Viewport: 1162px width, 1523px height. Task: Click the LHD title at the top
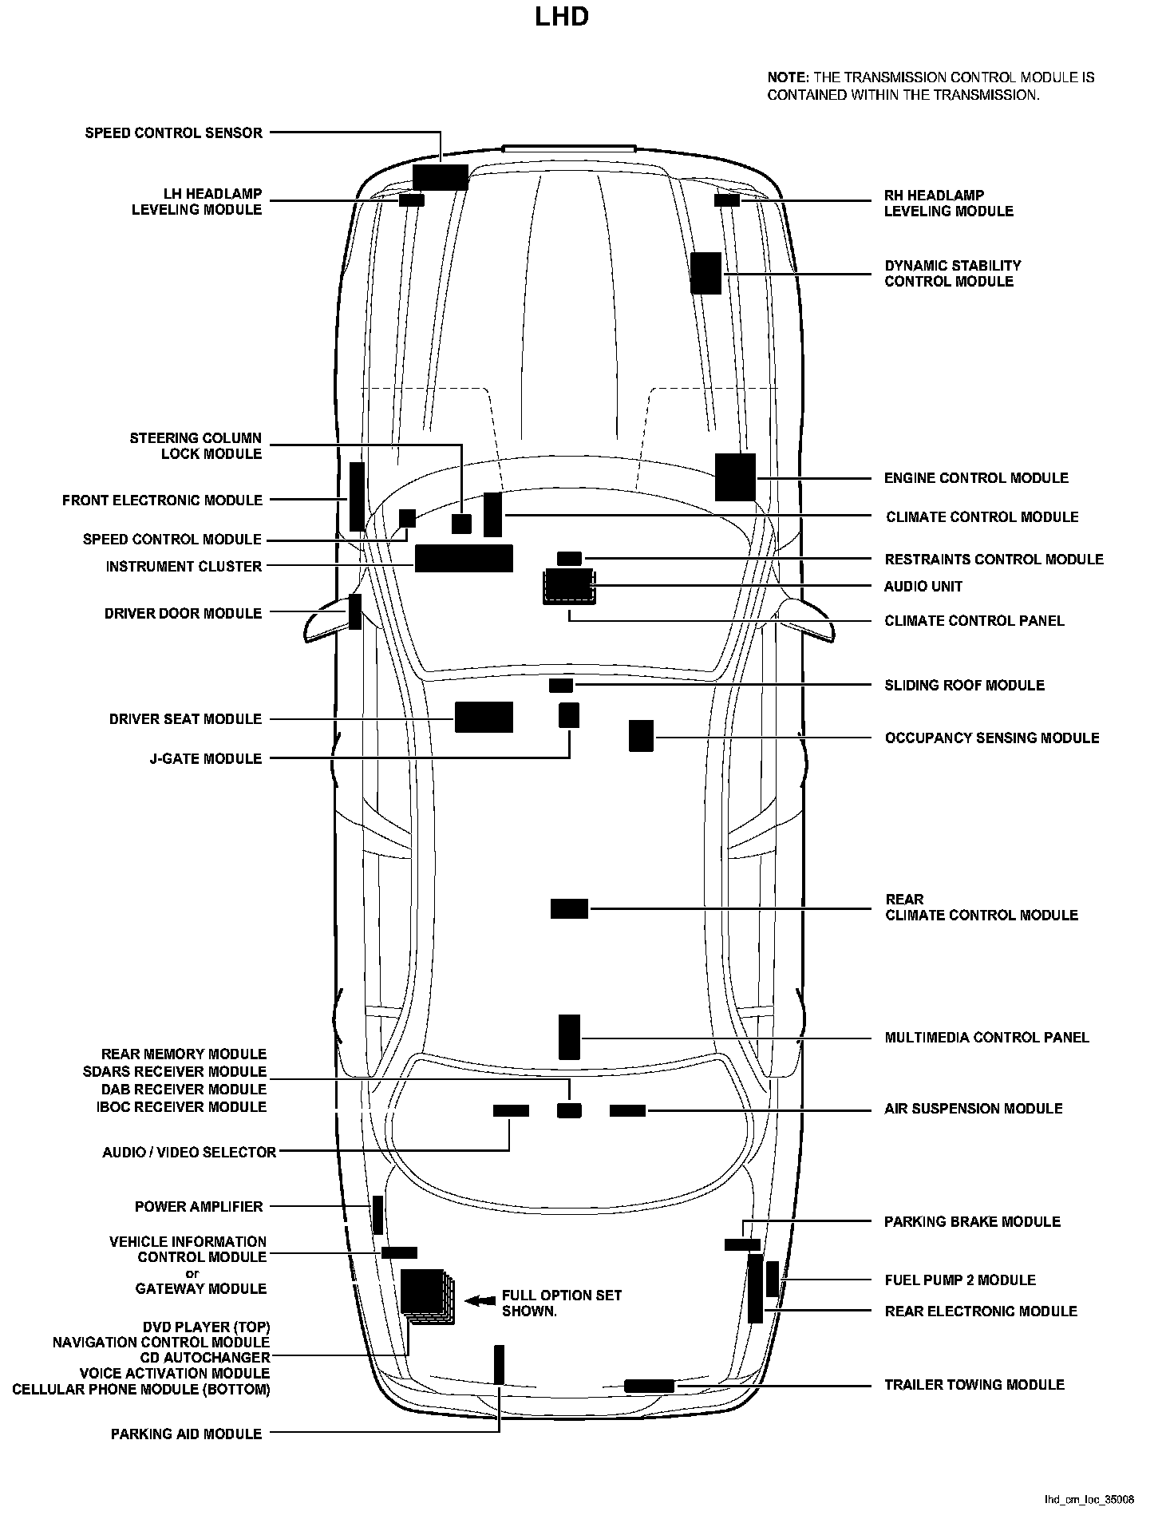point(562,17)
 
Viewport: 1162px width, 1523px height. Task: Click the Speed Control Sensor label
point(173,133)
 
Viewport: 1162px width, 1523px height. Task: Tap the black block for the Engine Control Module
point(735,477)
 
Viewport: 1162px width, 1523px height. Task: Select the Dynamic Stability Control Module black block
point(705,273)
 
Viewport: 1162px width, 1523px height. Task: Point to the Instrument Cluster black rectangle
point(464,559)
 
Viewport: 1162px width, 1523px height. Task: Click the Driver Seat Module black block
point(484,717)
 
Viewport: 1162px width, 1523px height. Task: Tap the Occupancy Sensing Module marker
point(641,735)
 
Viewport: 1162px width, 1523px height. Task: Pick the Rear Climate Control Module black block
point(569,908)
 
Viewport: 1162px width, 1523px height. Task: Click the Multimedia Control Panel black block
point(569,1037)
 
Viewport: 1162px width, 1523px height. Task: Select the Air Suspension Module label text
point(973,1109)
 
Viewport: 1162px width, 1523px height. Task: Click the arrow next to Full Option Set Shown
point(480,1300)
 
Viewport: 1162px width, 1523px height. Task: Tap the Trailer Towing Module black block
point(649,1386)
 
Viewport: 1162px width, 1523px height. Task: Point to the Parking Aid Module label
point(186,1434)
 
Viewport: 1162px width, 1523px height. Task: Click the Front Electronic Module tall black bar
point(357,496)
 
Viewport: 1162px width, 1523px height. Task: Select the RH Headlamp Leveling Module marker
point(726,200)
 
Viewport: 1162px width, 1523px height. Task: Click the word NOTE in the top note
point(787,78)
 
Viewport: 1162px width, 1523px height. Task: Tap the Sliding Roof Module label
point(964,686)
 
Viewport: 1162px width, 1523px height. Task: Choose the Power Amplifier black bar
point(377,1215)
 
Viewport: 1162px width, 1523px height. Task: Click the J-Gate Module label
point(205,758)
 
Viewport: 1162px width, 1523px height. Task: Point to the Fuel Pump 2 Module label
point(959,1280)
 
